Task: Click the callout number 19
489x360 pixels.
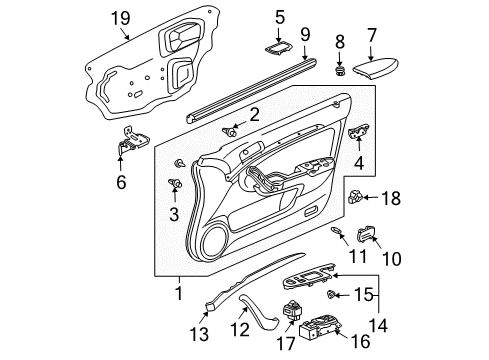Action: [121, 17]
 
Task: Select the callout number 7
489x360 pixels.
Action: [371, 34]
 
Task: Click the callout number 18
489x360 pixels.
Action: [390, 200]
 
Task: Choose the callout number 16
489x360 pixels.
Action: [362, 342]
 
